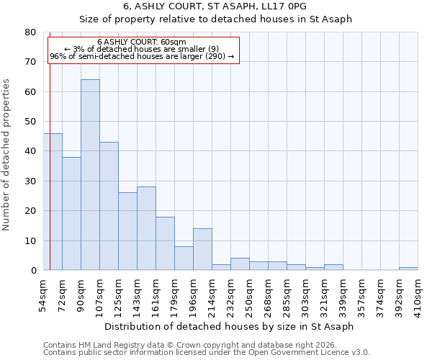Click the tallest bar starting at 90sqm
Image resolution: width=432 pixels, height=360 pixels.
click(90, 175)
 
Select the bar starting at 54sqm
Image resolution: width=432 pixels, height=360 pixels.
click(53, 202)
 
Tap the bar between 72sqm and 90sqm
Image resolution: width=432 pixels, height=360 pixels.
click(71, 214)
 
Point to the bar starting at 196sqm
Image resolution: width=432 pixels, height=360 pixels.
click(202, 249)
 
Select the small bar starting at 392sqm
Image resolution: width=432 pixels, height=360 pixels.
click(408, 269)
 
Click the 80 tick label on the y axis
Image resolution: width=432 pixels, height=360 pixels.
click(30, 32)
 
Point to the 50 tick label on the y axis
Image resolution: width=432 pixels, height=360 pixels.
click(30, 122)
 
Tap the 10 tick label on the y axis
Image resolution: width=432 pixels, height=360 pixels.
click(30, 240)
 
